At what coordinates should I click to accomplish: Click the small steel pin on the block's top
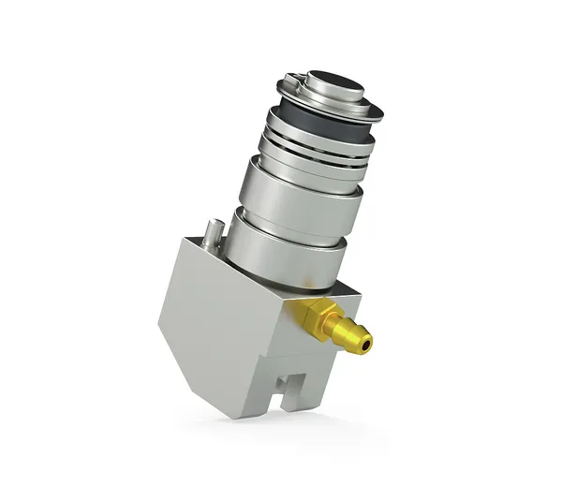pos(214,232)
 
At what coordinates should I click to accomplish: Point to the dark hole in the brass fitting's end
pos(367,344)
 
